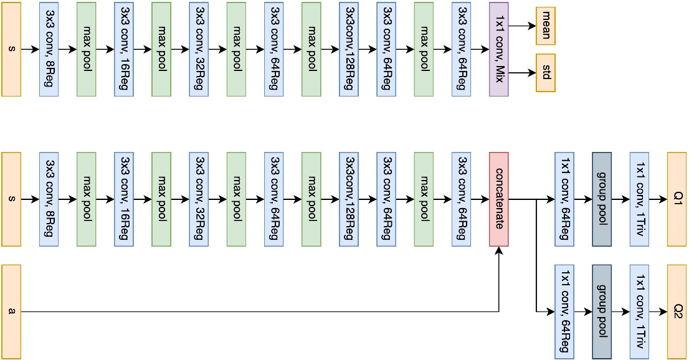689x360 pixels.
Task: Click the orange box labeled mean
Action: (x=545, y=26)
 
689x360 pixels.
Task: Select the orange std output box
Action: (x=545, y=73)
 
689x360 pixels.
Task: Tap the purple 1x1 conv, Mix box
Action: (x=498, y=49)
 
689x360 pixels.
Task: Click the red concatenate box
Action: (x=498, y=199)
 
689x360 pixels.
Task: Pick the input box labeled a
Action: (x=11, y=311)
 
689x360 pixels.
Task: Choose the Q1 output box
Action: (x=677, y=199)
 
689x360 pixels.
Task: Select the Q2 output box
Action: (x=677, y=311)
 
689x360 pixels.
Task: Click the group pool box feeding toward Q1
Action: (x=602, y=199)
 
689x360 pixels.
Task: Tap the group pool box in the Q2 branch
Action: (x=602, y=311)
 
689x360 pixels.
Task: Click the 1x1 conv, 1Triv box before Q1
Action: (x=639, y=199)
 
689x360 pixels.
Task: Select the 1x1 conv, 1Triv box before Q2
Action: (x=639, y=311)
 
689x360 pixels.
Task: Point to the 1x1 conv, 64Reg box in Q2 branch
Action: (x=564, y=311)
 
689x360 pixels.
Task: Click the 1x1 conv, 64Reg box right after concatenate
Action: (x=564, y=199)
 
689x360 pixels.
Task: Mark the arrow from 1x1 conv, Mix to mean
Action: (x=522, y=26)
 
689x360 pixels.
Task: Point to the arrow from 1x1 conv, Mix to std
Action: (x=522, y=73)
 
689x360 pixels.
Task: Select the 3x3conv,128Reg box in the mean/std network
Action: (x=349, y=49)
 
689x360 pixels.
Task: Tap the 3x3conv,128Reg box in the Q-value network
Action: (x=349, y=199)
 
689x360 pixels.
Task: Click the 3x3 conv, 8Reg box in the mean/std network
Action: (x=49, y=49)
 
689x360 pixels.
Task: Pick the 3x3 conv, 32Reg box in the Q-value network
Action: (x=199, y=199)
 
